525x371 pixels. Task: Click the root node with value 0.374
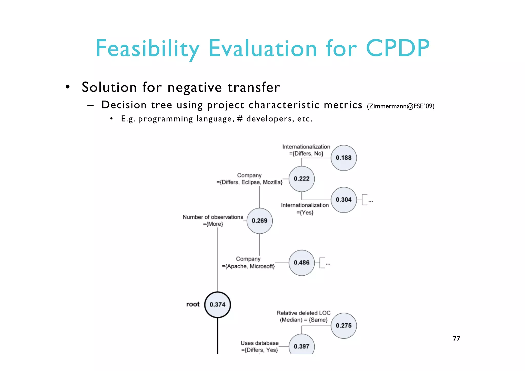pos(217,305)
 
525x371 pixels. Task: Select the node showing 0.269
pos(259,221)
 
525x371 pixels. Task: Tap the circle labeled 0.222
pos(301,179)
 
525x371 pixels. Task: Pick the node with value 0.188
pos(344,158)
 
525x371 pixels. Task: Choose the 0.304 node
pos(344,200)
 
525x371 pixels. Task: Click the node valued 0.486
pos(301,263)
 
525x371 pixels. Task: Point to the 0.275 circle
pos(344,326)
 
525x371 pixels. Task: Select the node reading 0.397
pos(301,346)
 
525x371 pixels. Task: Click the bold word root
pos(193,304)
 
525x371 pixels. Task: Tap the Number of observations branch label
pos(213,220)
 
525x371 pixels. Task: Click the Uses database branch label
pos(259,346)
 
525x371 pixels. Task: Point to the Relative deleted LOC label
pos(304,316)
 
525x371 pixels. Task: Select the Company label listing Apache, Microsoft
pos(248,263)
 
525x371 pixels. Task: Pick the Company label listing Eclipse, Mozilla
pos(249,179)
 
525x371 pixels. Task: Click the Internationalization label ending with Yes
pos(305,209)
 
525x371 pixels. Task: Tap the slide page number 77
pos(456,339)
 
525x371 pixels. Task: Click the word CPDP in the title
pos(398,48)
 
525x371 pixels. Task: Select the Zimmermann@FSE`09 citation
pos(400,106)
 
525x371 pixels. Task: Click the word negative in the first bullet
pos(195,87)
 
